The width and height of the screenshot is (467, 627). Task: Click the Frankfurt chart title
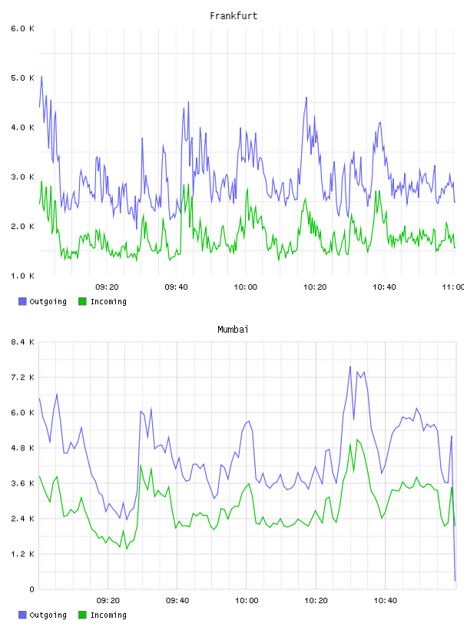(233, 15)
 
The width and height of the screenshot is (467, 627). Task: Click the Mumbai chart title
(233, 329)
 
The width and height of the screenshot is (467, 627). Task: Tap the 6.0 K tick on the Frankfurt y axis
(22, 28)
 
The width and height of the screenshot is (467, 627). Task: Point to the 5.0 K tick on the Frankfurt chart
(22, 78)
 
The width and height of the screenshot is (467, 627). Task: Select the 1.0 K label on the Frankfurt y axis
(22, 276)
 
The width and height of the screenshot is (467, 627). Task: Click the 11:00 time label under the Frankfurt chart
(453, 287)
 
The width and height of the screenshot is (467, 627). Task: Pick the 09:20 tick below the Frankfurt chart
(107, 287)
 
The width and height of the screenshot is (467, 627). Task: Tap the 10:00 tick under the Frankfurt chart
(246, 287)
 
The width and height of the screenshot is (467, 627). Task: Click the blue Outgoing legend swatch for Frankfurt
(22, 301)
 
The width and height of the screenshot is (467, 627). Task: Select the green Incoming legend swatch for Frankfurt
(82, 301)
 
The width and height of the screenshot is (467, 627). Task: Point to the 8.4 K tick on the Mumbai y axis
(22, 342)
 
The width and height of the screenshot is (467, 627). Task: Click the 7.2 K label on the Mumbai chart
(22, 377)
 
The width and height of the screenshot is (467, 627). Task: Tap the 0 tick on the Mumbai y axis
(32, 589)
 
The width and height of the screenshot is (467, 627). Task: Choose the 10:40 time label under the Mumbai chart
(386, 601)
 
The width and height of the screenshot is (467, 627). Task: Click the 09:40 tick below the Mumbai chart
(177, 601)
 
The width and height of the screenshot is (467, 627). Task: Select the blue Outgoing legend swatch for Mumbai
(22, 615)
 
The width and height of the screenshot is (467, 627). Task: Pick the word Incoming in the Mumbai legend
(108, 615)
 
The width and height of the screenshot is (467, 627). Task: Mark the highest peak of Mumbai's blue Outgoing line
(349, 367)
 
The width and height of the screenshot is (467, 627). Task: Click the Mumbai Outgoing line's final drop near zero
(455, 580)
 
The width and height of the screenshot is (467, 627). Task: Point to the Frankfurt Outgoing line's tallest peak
(41, 76)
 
